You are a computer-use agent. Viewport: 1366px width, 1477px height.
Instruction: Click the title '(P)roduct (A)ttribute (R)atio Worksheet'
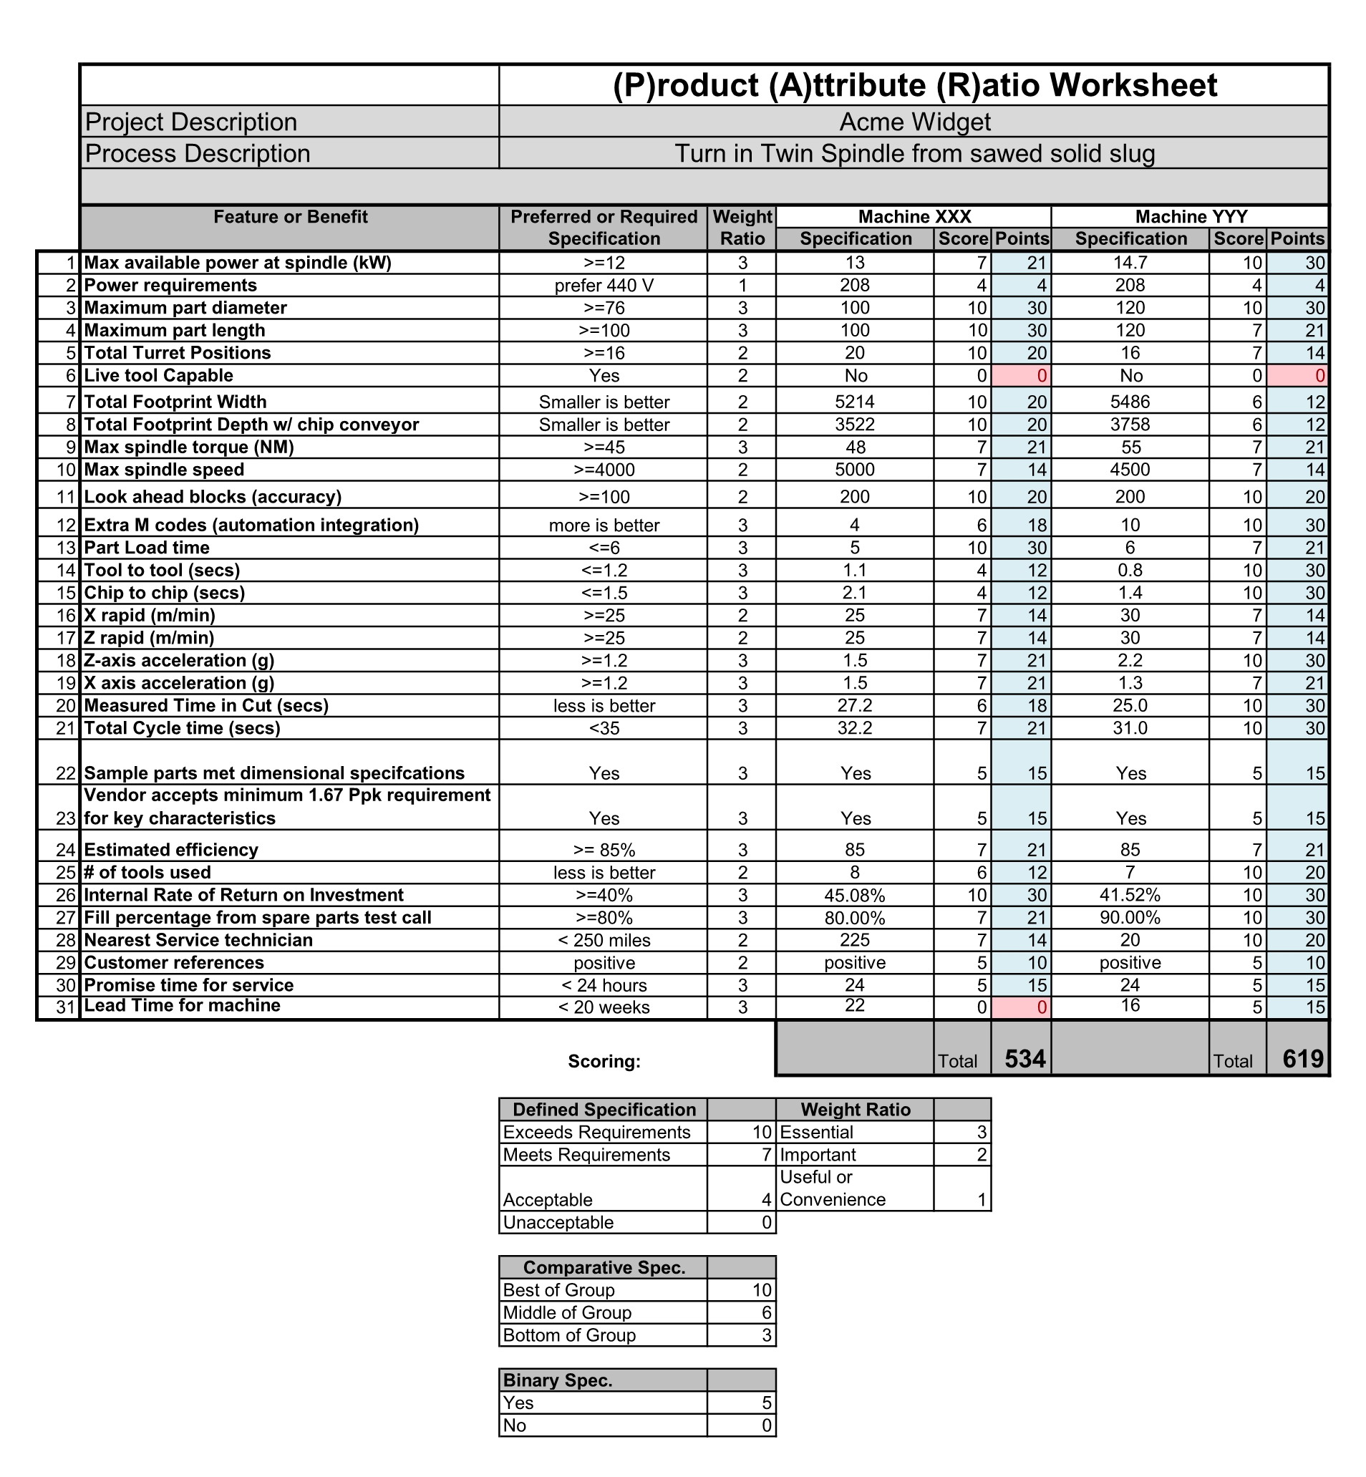point(914,85)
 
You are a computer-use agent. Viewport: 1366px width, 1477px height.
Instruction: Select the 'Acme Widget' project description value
point(914,122)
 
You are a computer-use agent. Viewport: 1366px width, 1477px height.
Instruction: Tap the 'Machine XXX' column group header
point(914,217)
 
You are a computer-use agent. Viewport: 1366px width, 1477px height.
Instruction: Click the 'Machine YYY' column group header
point(1191,217)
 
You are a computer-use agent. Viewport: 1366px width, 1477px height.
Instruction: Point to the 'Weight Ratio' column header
point(742,228)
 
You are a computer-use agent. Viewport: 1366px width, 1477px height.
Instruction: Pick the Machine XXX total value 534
point(1024,1060)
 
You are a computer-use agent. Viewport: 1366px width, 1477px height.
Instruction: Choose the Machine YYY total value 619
point(1302,1060)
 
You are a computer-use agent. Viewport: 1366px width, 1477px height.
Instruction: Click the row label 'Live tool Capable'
point(159,376)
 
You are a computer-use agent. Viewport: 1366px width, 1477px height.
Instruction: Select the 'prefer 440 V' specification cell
point(604,286)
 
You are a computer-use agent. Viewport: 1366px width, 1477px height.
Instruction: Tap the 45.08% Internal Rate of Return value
point(855,895)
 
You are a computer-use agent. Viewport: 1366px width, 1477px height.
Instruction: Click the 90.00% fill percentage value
point(1130,918)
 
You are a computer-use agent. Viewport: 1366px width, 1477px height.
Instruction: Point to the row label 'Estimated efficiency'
point(172,850)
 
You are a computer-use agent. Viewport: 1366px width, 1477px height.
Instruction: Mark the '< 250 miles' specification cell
point(604,940)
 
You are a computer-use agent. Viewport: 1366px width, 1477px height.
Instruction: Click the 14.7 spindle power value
point(1130,263)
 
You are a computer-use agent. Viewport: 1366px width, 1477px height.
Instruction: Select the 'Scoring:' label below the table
point(604,1062)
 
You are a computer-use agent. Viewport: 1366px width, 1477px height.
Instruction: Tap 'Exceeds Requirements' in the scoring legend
point(596,1133)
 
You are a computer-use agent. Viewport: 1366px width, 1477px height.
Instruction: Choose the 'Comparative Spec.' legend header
point(604,1268)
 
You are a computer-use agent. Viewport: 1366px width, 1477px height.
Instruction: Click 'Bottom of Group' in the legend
point(569,1336)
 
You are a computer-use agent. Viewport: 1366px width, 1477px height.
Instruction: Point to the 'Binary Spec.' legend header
point(558,1381)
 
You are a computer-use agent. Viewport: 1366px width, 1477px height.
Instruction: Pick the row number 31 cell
point(67,1007)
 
